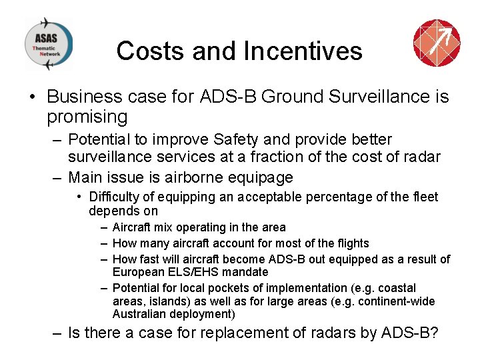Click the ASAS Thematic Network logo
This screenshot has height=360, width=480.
click(x=48, y=44)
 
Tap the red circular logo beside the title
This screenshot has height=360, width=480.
click(x=437, y=43)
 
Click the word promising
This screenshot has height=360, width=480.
click(x=87, y=117)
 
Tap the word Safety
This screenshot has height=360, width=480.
click(x=242, y=140)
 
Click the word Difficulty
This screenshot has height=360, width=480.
click(x=114, y=197)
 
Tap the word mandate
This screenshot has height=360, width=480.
click(x=245, y=272)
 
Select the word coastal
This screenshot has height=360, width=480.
click(x=396, y=288)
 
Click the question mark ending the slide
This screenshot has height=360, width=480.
click(x=434, y=333)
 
